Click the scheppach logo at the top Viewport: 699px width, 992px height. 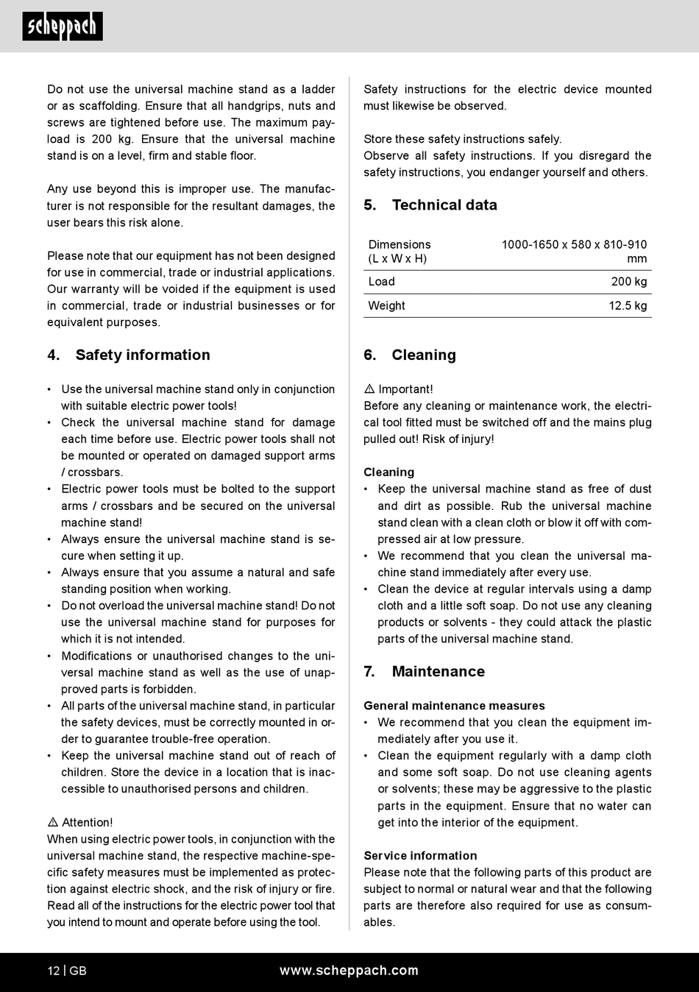[x=63, y=27]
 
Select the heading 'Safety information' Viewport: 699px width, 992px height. [x=143, y=355]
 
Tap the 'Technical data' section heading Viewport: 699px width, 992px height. [x=444, y=205]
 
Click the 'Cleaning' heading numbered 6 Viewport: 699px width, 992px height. [x=423, y=355]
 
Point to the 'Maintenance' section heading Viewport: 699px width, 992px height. [x=438, y=671]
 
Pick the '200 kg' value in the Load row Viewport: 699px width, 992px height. [x=629, y=282]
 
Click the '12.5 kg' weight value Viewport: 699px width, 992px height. [x=628, y=306]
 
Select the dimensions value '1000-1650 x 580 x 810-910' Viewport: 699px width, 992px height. [x=574, y=244]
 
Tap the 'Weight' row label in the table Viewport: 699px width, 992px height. [x=387, y=306]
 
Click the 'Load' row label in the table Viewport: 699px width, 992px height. [x=382, y=282]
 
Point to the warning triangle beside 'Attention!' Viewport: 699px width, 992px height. [x=53, y=822]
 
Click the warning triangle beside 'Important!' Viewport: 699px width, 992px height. [x=369, y=389]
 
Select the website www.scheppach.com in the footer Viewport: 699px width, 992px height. [x=349, y=971]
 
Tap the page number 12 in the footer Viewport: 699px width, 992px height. [x=54, y=971]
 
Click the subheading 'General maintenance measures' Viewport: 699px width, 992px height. [x=454, y=706]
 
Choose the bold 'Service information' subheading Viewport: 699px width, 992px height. [x=420, y=856]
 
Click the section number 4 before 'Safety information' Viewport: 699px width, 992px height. [x=53, y=355]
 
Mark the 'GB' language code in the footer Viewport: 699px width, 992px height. [x=78, y=971]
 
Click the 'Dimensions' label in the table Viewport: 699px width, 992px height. [x=400, y=244]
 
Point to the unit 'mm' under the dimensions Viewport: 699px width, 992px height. [x=637, y=259]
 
